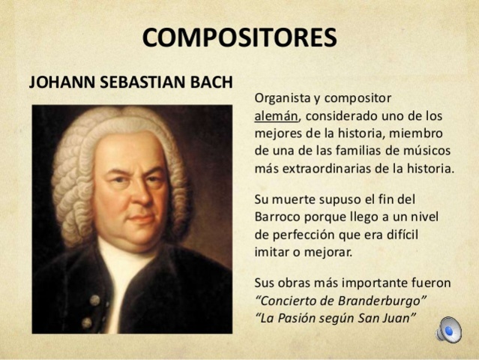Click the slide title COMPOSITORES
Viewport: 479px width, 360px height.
(x=239, y=37)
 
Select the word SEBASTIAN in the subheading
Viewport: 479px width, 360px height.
(x=137, y=80)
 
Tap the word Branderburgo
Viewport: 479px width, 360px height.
(x=382, y=301)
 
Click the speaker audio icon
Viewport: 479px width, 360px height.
(x=448, y=328)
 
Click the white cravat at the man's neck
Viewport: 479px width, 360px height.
(x=126, y=277)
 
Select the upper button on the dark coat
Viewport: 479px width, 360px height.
(x=95, y=299)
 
